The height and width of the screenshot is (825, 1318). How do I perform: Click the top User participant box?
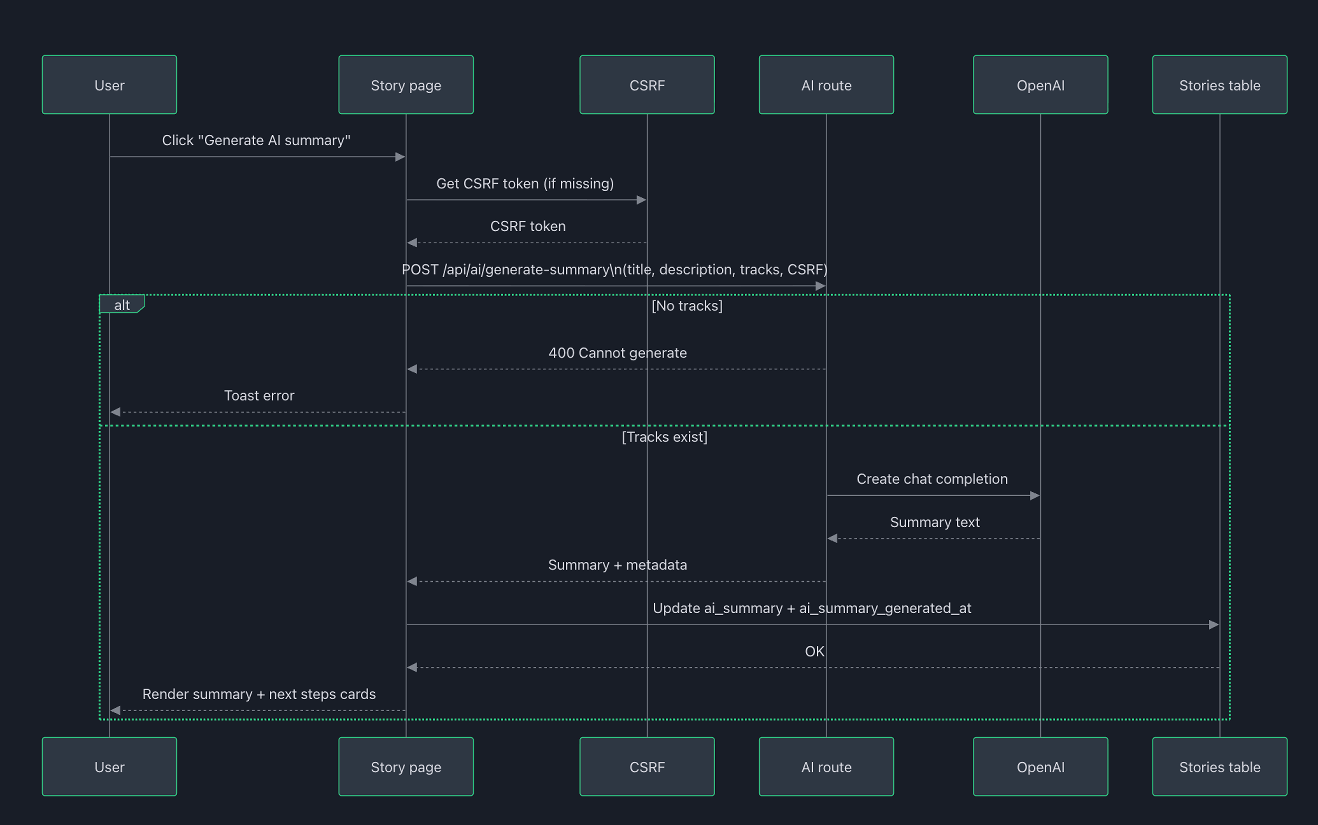[109, 85]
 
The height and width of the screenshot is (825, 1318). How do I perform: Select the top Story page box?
[406, 85]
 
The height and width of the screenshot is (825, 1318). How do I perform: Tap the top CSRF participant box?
[647, 85]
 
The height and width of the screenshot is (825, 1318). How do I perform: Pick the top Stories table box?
[1219, 85]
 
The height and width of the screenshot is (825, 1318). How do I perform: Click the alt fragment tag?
[122, 305]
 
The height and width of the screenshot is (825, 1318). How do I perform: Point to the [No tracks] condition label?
[687, 306]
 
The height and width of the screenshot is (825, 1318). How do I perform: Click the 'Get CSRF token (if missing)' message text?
[524, 183]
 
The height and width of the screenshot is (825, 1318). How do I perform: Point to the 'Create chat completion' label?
[932, 478]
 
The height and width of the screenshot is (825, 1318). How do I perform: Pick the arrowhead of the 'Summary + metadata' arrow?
[412, 581]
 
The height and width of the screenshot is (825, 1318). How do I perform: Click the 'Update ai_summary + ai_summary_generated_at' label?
[811, 608]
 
